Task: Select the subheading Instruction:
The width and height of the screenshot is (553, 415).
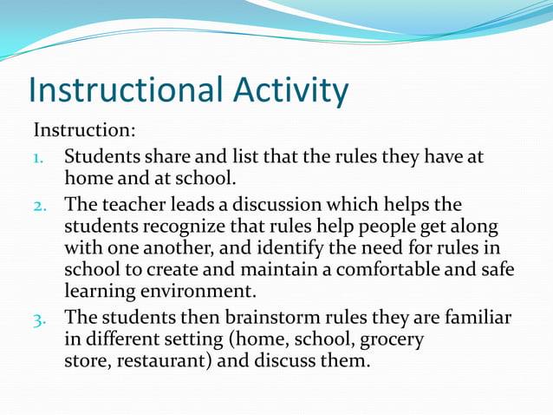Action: tap(84, 131)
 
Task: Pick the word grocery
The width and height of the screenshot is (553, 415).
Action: tap(392, 339)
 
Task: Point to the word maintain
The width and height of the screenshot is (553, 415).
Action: tap(282, 269)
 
